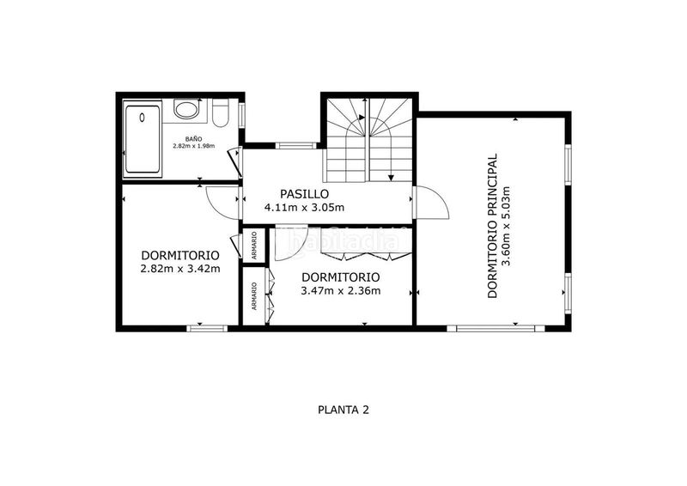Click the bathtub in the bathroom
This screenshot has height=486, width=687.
click(x=143, y=139)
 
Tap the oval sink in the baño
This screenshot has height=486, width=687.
click(x=187, y=109)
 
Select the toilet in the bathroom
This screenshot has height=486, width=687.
click(x=220, y=112)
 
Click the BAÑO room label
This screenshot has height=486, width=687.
click(x=193, y=139)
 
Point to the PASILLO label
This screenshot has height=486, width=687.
click(x=305, y=194)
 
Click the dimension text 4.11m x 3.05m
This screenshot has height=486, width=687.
click(x=305, y=207)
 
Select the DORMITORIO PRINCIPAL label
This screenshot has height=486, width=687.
click(x=493, y=226)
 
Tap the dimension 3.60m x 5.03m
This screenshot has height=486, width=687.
click(x=507, y=226)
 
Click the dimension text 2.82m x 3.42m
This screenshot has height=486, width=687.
click(x=180, y=269)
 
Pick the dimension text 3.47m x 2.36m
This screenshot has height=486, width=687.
click(x=340, y=290)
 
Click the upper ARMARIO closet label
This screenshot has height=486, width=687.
click(x=254, y=246)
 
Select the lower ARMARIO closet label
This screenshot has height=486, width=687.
click(x=254, y=296)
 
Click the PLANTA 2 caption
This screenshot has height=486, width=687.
click(x=343, y=410)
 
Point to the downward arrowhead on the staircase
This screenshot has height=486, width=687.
click(x=391, y=178)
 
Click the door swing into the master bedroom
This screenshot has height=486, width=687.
click(x=432, y=203)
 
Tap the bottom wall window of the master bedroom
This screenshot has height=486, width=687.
click(x=495, y=328)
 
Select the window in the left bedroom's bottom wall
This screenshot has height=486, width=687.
click(x=207, y=328)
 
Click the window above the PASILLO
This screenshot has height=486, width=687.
click(x=295, y=146)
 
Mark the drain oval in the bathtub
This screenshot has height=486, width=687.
click(x=142, y=118)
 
